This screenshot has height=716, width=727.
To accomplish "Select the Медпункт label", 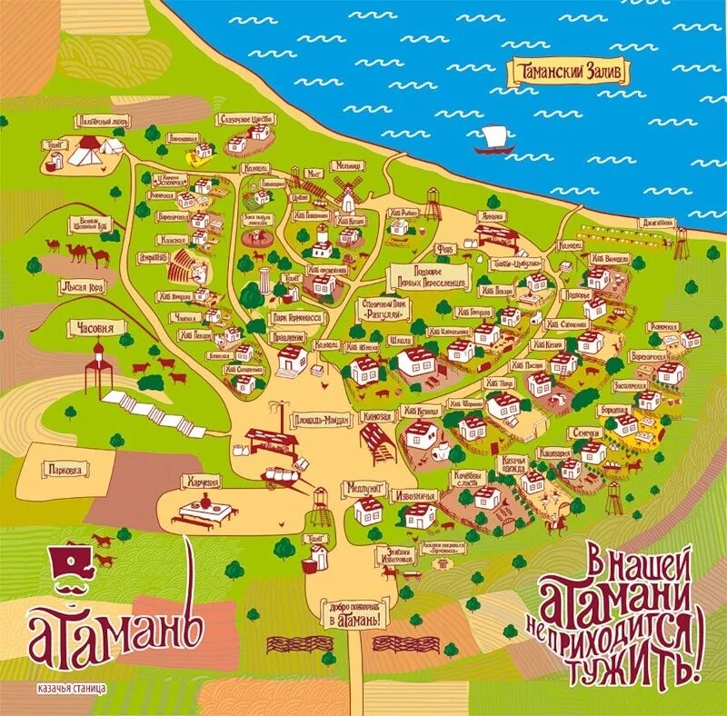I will [365, 488].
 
